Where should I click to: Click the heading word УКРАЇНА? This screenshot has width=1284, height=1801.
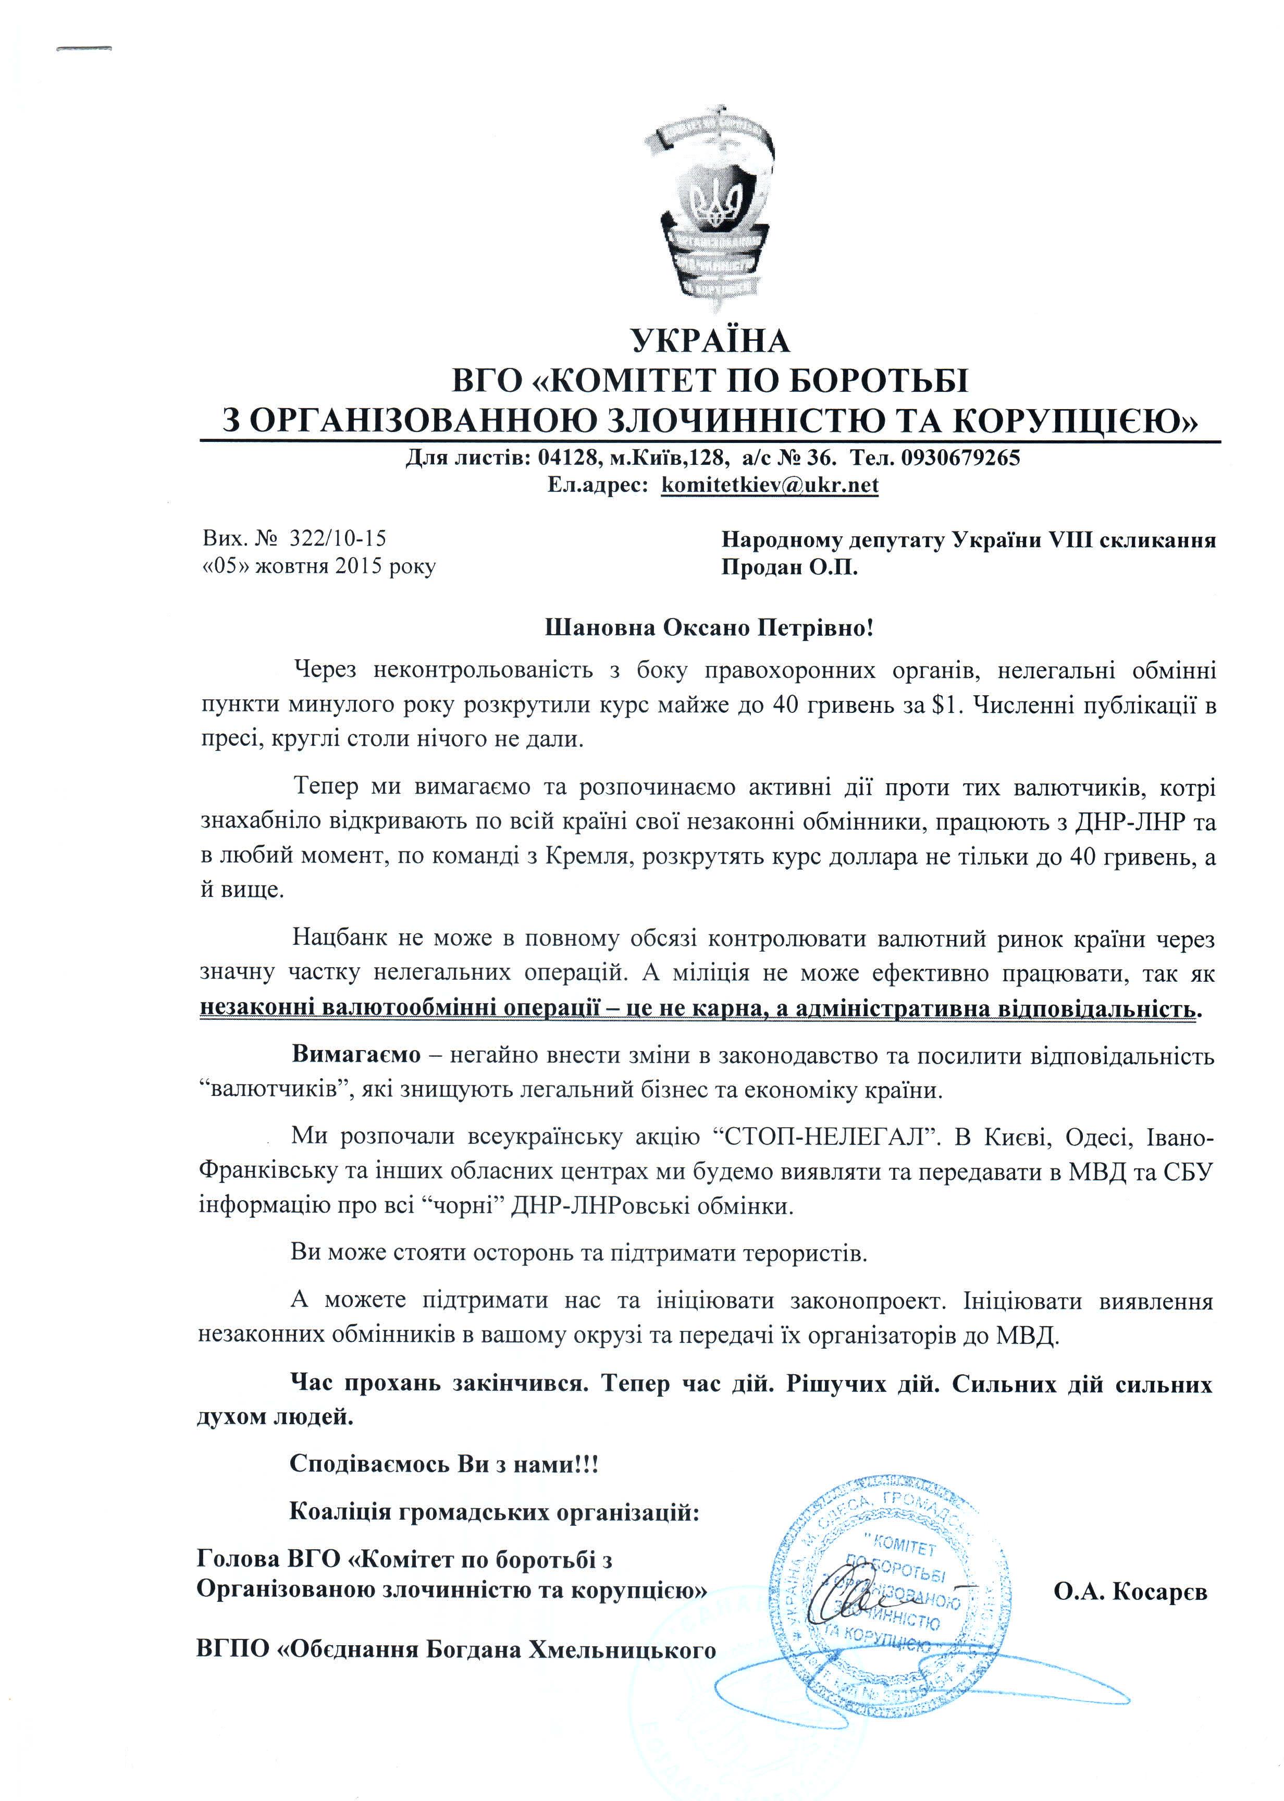click(x=709, y=341)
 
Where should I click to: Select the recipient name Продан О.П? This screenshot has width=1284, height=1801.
click(x=789, y=568)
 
